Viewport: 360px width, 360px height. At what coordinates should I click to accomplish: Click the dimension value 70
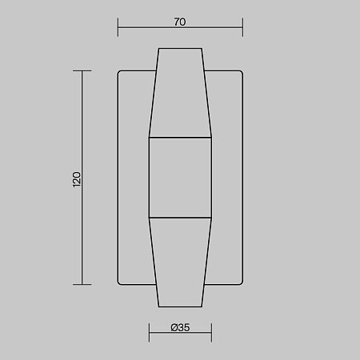click(x=179, y=22)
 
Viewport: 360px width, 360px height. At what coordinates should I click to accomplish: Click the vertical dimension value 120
click(x=77, y=178)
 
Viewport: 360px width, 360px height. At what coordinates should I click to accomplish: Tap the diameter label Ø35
click(x=179, y=327)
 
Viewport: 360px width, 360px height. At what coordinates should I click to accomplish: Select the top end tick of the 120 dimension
click(x=82, y=71)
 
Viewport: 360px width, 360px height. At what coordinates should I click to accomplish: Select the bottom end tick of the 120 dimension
click(x=82, y=284)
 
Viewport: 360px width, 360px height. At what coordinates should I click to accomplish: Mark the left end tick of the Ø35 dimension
click(x=149, y=332)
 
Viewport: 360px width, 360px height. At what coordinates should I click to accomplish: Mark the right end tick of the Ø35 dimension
click(x=211, y=332)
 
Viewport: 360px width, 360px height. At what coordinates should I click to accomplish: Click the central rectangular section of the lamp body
click(x=180, y=178)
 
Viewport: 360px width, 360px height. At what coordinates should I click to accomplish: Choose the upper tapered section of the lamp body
click(x=180, y=96)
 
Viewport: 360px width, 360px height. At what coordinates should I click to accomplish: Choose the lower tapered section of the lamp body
click(x=180, y=260)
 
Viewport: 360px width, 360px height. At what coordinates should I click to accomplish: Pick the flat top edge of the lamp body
click(x=180, y=49)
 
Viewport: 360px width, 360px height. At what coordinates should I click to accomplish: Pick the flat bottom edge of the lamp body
click(x=180, y=307)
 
